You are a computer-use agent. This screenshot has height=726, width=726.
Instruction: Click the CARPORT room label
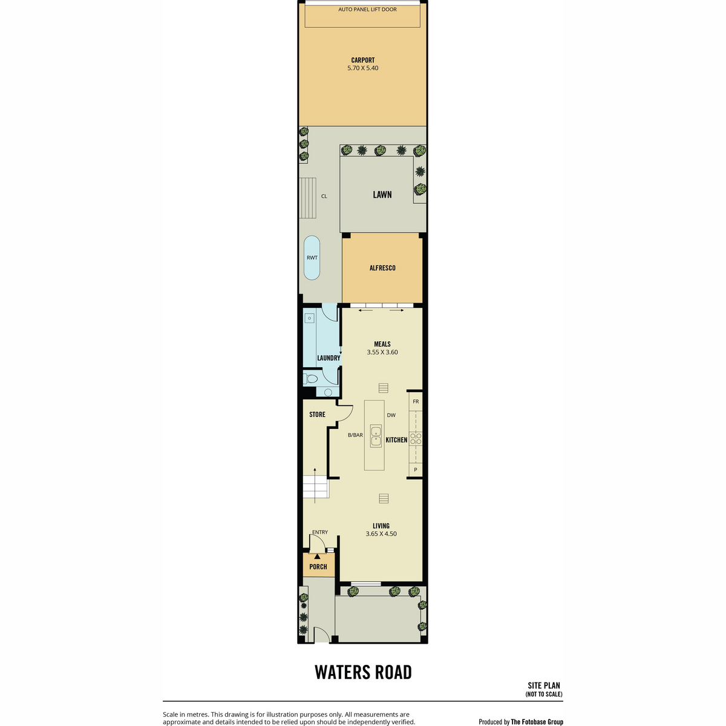[x=362, y=60]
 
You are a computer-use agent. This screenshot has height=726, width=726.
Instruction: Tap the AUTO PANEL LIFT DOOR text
[x=367, y=10]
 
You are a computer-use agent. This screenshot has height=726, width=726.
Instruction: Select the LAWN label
[x=382, y=194]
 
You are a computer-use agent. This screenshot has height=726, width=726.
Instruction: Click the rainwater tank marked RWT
[x=312, y=258]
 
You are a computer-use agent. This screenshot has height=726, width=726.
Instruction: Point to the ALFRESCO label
[x=382, y=268]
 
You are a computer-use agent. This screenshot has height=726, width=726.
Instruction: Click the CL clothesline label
[x=324, y=196]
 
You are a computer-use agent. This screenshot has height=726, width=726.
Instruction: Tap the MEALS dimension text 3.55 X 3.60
[x=382, y=352]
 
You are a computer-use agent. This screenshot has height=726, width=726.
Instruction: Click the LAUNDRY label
[x=329, y=358]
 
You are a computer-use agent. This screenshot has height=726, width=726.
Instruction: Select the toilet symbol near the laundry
[x=310, y=378]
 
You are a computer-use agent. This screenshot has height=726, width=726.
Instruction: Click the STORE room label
[x=317, y=414]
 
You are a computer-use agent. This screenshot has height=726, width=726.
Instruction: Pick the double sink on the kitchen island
[x=375, y=436]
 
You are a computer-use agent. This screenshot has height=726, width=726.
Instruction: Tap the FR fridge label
[x=416, y=402]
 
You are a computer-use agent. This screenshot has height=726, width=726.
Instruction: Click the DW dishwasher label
[x=391, y=415]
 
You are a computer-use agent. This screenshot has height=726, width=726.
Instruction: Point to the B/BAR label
[x=355, y=435]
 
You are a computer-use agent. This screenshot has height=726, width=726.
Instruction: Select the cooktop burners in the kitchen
[x=416, y=439]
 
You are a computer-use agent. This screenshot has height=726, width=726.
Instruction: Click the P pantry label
[x=416, y=470]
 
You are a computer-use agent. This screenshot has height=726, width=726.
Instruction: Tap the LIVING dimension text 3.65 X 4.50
[x=381, y=534]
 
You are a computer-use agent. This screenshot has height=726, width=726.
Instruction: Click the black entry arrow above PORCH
[x=317, y=556]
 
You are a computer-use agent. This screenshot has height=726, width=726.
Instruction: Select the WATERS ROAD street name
[x=363, y=673]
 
